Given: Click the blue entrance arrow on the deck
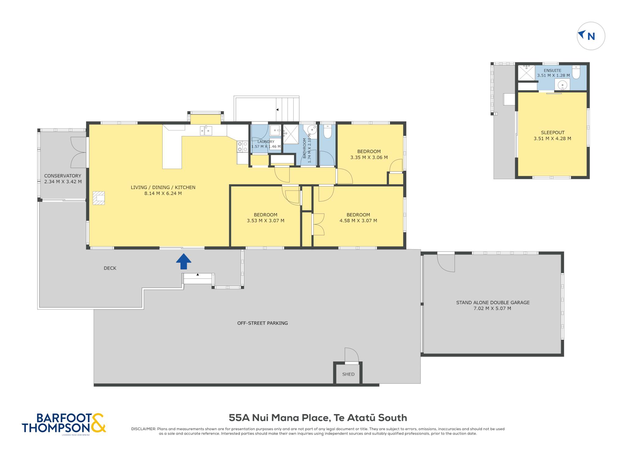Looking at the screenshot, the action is [x=184, y=262].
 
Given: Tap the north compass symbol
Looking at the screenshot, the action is [x=591, y=36].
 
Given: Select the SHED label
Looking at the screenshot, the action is [x=348, y=374].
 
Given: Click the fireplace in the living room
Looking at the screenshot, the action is [x=99, y=198].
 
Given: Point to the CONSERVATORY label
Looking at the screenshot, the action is [x=63, y=176].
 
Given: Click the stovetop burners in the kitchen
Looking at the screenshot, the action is [x=242, y=147].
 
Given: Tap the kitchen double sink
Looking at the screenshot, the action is [x=206, y=131].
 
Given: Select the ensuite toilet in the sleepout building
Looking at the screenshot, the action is [x=576, y=72].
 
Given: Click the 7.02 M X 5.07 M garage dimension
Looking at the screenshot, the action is [x=492, y=308].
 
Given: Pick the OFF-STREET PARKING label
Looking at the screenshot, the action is [x=262, y=323].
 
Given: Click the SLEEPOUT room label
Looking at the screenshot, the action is [x=553, y=132].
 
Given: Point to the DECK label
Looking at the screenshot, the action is [x=110, y=268].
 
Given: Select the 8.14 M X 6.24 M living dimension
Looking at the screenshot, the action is [x=163, y=193].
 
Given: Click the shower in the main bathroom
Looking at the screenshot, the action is [x=291, y=134].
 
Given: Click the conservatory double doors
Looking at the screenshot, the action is [x=79, y=152].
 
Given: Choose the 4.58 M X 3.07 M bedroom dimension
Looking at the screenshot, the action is [x=358, y=221].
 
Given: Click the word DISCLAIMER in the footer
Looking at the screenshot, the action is [x=144, y=429].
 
